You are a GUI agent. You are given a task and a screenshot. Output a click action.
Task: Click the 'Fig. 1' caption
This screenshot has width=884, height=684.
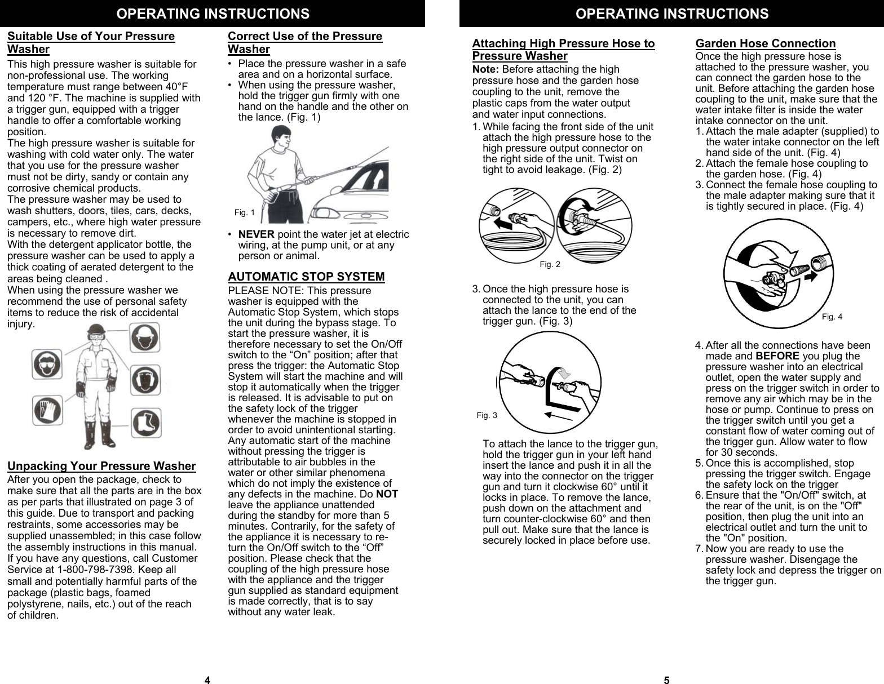(244, 212)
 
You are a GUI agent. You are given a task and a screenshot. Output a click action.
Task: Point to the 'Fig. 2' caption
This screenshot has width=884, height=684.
(550, 264)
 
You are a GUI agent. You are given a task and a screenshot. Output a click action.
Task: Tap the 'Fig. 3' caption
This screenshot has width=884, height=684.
(487, 415)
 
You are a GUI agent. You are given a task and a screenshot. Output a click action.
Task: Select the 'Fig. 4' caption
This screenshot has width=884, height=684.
(832, 317)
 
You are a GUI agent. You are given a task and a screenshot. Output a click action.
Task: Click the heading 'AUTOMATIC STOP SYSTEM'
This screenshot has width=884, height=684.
(306, 277)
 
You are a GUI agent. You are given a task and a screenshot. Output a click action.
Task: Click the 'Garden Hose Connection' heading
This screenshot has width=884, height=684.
(765, 43)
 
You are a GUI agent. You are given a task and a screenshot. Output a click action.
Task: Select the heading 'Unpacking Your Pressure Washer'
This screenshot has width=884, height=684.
(101, 466)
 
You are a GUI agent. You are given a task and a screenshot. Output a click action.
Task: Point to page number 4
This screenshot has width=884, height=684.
(207, 680)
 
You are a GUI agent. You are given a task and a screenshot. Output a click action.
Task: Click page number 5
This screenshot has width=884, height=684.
(666, 680)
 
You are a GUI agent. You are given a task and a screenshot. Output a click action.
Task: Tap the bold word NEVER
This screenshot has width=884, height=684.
(257, 234)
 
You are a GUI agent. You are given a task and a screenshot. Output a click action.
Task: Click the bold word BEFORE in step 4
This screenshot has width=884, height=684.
(777, 356)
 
